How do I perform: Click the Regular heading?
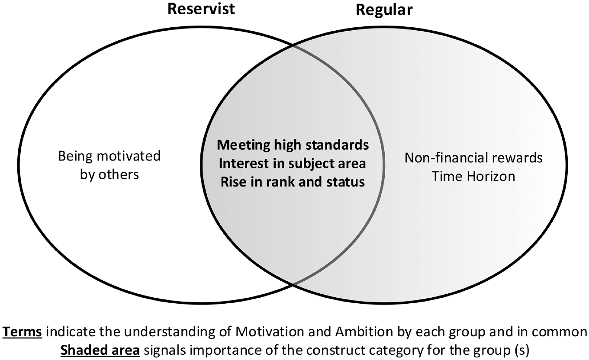[x=384, y=10]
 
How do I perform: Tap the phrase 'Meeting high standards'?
[x=293, y=145]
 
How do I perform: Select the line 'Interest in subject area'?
[x=293, y=164]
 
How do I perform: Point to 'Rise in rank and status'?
[x=293, y=182]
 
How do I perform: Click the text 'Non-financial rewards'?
[x=473, y=158]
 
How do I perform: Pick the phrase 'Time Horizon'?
[x=473, y=176]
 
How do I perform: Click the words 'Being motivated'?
[x=109, y=157]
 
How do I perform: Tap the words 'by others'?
[x=109, y=174]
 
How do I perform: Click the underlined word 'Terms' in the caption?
[x=23, y=332]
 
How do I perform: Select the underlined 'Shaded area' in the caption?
[x=100, y=350]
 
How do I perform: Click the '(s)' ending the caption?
[x=520, y=350]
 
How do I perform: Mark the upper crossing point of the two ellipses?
[x=293, y=46]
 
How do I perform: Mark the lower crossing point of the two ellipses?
[x=293, y=284]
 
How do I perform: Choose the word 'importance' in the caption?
[x=223, y=350]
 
